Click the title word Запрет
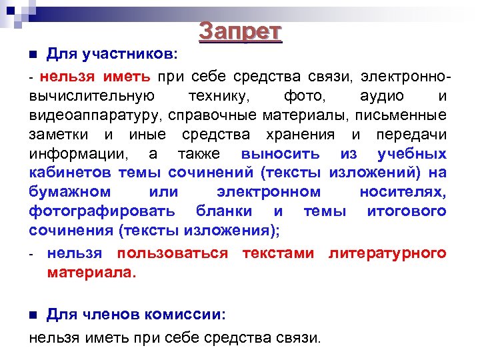(x=241, y=32)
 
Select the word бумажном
(x=71, y=192)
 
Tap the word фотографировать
(x=102, y=211)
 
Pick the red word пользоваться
(x=172, y=253)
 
